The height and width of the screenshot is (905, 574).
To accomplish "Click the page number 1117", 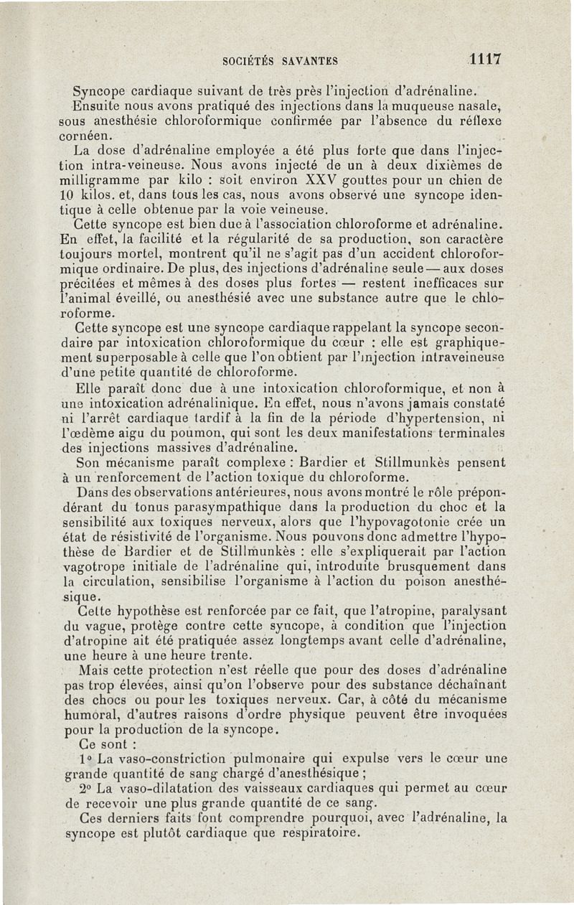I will click(484, 59).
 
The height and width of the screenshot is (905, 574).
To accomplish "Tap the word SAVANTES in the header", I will click(310, 61).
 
